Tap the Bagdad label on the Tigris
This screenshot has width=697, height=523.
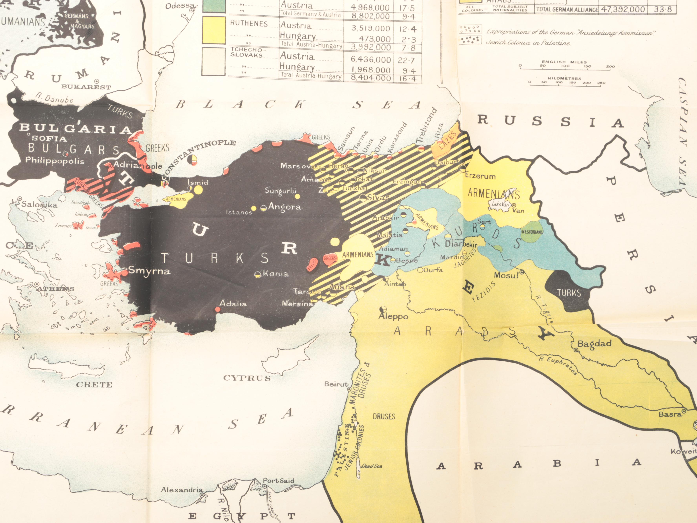594,344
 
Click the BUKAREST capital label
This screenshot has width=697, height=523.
86,87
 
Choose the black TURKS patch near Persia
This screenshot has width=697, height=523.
569,293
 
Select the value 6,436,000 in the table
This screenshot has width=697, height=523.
370,59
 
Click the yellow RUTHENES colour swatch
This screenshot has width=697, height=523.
214,30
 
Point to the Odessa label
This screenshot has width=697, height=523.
180,6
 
